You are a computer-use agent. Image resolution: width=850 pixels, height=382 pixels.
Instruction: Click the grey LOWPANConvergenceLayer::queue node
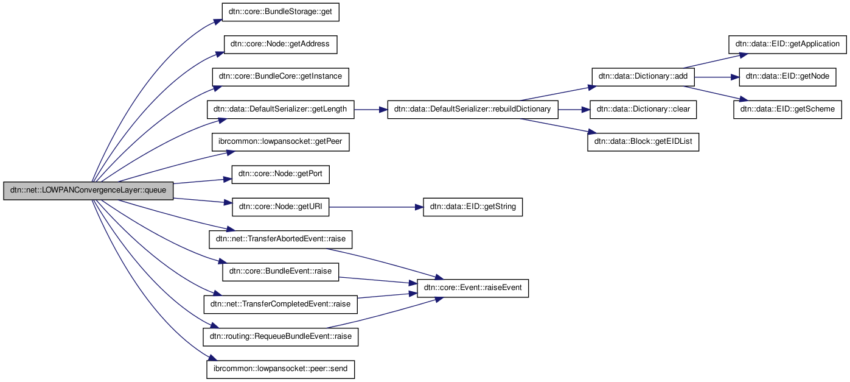click(x=88, y=191)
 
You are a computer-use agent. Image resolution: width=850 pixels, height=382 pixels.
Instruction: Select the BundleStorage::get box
click(x=280, y=12)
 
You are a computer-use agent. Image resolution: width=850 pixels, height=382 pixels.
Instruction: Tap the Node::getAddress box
click(x=280, y=44)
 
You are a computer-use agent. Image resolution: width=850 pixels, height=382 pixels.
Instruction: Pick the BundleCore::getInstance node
click(x=280, y=77)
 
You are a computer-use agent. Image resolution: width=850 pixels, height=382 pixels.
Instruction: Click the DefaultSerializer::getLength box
click(x=280, y=110)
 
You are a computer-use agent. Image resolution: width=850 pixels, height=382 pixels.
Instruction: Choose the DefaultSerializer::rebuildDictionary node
click(x=472, y=110)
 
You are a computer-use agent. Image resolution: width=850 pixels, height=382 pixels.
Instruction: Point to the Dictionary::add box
click(x=643, y=77)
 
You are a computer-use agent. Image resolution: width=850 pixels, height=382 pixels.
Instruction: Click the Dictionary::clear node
click(x=643, y=110)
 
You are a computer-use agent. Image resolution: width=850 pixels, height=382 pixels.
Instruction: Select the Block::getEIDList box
click(x=643, y=142)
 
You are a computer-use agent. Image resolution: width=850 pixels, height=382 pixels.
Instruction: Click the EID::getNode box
click(x=787, y=77)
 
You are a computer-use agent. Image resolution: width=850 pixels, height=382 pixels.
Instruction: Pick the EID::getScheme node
click(x=787, y=110)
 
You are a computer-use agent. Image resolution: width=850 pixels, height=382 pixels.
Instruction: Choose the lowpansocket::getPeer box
click(x=280, y=142)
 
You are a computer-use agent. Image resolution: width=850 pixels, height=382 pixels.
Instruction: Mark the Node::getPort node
click(x=280, y=174)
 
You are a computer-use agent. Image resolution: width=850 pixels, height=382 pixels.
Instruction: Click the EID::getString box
click(x=473, y=207)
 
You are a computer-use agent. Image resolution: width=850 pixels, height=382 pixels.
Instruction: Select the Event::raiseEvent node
click(x=473, y=288)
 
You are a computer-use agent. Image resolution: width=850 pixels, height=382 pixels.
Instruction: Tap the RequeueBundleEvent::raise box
click(x=280, y=336)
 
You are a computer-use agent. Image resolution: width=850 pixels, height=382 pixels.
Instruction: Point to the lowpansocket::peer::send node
click(x=280, y=369)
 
